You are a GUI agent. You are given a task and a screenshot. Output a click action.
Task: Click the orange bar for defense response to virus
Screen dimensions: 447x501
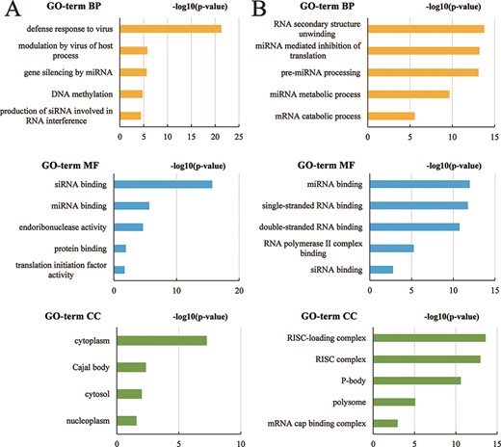[169, 29]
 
